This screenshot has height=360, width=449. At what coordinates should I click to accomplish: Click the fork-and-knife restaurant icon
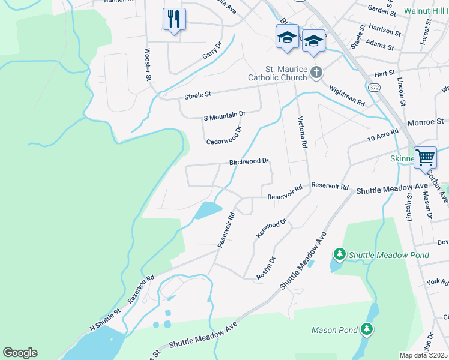(x=174, y=19)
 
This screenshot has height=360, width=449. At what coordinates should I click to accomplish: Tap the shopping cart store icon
(x=425, y=158)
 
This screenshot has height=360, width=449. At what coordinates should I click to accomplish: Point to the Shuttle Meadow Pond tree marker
(x=339, y=255)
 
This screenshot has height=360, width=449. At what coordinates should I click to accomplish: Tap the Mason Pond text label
(x=334, y=329)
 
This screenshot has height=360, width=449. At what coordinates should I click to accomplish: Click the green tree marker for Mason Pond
(x=366, y=329)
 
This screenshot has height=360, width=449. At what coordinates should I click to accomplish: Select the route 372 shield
(x=375, y=88)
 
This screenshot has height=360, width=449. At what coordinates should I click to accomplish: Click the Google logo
(x=20, y=353)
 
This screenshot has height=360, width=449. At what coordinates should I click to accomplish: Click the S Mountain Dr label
(x=224, y=114)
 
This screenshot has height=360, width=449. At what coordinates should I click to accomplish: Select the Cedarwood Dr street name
(x=224, y=136)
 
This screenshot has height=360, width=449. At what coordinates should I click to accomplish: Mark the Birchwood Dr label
(x=249, y=162)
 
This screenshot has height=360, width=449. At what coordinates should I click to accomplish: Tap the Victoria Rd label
(x=303, y=133)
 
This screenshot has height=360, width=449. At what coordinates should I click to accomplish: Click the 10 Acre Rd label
(x=382, y=136)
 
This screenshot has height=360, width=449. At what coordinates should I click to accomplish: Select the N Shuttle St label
(x=106, y=319)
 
